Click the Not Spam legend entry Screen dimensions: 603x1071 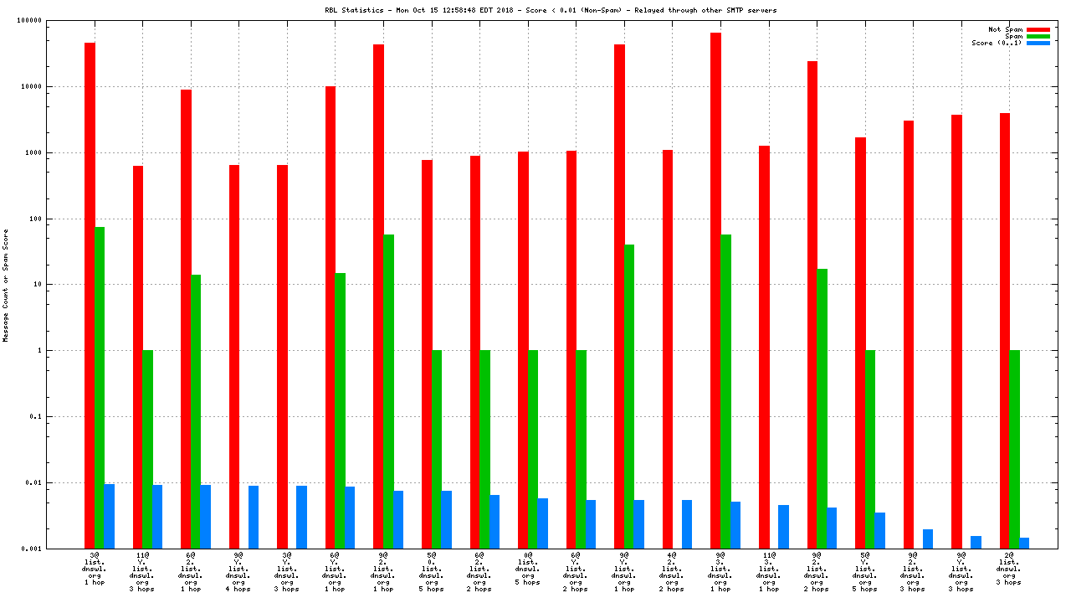[x=1006, y=29]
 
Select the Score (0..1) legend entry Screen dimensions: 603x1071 [x=995, y=43]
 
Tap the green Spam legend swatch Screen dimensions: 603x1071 [x=1038, y=36]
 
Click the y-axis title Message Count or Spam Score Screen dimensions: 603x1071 [x=6, y=285]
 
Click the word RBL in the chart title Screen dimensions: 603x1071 [x=332, y=10]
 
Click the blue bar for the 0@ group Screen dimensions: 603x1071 [x=542, y=523]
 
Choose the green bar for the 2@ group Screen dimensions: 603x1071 [x=1014, y=449]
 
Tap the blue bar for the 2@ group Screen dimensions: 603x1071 [x=1024, y=543]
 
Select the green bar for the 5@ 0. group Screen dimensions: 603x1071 [x=436, y=449]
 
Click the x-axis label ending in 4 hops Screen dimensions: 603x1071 [x=238, y=571]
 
